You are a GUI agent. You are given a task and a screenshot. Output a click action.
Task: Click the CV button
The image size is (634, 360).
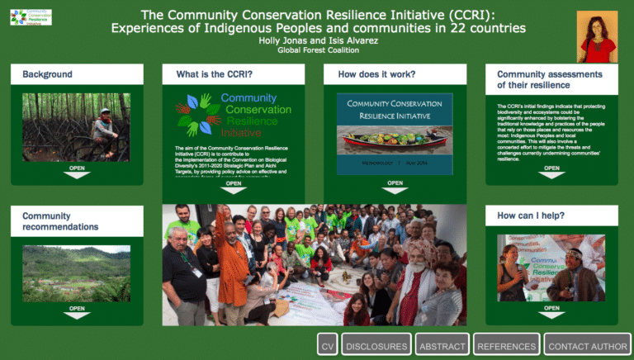[328, 346]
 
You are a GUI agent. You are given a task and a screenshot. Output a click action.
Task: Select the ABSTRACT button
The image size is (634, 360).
[442, 346]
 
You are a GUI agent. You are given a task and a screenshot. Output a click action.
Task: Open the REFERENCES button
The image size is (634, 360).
[506, 346]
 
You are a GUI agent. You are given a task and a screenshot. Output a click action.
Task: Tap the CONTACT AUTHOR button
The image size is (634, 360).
[588, 346]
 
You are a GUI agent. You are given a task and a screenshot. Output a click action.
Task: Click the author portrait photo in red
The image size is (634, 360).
[597, 37]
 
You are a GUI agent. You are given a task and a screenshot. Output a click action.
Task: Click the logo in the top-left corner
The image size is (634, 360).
[31, 17]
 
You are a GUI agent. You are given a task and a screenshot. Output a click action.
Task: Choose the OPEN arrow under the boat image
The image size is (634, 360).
[395, 187]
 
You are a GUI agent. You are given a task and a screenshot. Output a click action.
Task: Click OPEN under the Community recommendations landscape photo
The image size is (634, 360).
[77, 311]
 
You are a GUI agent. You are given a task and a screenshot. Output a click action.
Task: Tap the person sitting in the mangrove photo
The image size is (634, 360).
[105, 127]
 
